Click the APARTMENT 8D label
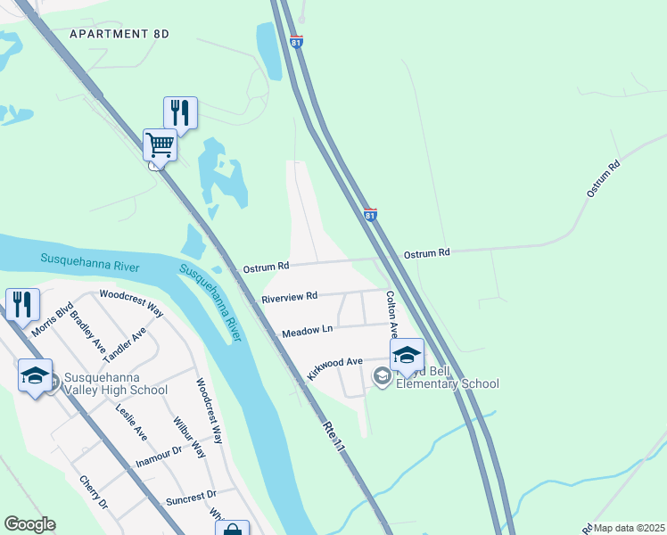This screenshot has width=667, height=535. [x=119, y=34]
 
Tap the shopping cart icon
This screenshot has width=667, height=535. [x=160, y=144]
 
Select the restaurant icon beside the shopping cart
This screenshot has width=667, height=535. [x=180, y=112]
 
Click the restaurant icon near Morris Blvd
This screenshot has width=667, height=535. [x=22, y=304]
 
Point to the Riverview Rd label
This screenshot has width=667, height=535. [x=289, y=297]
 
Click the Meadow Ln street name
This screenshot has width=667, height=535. [x=307, y=331]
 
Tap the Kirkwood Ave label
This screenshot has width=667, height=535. [x=334, y=368]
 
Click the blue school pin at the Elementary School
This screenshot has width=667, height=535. [x=406, y=355]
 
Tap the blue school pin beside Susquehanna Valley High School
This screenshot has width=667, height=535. [x=35, y=375]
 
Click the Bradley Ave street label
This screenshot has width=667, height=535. [x=87, y=331]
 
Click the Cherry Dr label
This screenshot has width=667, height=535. [x=94, y=491]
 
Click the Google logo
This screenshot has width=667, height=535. [x=29, y=524]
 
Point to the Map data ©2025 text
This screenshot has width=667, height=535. [x=630, y=528]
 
